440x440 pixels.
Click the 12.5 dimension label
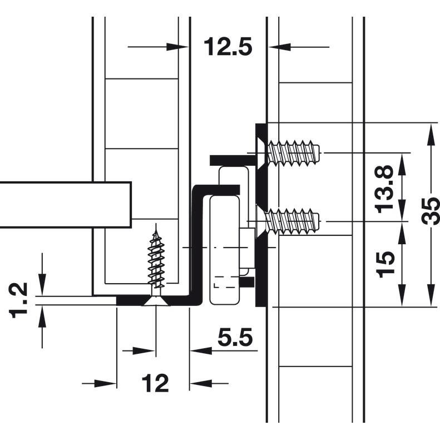228,47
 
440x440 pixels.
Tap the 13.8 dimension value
384,189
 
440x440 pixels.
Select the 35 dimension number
431,211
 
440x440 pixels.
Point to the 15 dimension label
385,264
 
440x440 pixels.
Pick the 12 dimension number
155,383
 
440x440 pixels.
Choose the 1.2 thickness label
19,300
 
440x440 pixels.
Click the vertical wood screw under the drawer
156,264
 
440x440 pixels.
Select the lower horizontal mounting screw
290,222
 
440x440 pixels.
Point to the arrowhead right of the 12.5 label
279,47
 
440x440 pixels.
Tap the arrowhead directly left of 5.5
201,350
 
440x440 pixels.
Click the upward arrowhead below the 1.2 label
42,317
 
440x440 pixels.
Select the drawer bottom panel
66,205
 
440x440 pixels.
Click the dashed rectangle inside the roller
225,282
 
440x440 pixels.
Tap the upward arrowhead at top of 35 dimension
431,134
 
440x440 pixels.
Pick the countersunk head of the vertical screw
156,301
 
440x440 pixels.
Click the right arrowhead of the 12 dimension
201,383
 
